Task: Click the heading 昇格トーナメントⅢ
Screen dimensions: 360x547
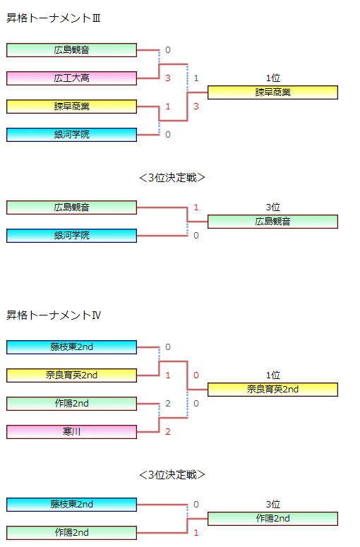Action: (54, 18)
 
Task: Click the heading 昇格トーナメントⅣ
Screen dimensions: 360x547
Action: (54, 315)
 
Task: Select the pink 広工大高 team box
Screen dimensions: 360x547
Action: (71, 78)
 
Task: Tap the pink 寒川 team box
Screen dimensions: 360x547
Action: (71, 432)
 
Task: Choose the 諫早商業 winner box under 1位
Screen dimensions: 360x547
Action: (272, 92)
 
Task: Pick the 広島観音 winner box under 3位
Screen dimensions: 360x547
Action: (272, 222)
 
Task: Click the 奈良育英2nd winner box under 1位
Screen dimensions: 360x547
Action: (272, 390)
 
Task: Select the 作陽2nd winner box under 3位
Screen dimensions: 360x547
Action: (272, 519)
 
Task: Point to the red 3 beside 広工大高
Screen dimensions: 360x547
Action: (168, 78)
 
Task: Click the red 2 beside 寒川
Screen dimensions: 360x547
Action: (168, 432)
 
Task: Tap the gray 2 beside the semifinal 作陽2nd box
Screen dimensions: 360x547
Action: (168, 404)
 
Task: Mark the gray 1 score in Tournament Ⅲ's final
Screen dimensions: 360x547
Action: (196, 78)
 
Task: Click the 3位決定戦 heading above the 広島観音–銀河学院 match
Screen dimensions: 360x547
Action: (172, 178)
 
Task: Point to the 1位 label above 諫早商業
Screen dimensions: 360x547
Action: (272, 78)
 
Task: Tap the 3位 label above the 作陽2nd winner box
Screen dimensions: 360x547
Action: (272, 505)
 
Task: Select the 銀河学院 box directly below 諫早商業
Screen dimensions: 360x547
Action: (71, 135)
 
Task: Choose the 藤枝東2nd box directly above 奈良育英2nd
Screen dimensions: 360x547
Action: (71, 347)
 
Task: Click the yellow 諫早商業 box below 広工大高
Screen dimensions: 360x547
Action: (71, 107)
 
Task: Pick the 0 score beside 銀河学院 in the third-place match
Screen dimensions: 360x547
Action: (196, 236)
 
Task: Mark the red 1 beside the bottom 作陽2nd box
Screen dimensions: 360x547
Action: (196, 533)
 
